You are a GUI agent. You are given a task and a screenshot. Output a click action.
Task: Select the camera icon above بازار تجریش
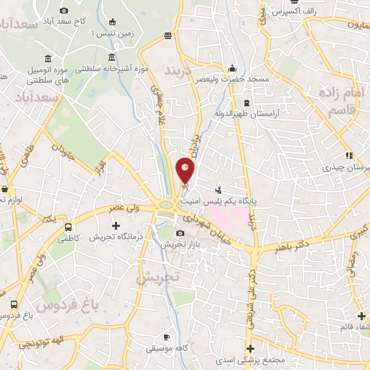coord(180,233)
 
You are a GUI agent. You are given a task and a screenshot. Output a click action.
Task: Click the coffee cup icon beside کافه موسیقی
coord(166,337)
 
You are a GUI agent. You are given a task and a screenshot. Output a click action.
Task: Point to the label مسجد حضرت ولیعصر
coord(236,78)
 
